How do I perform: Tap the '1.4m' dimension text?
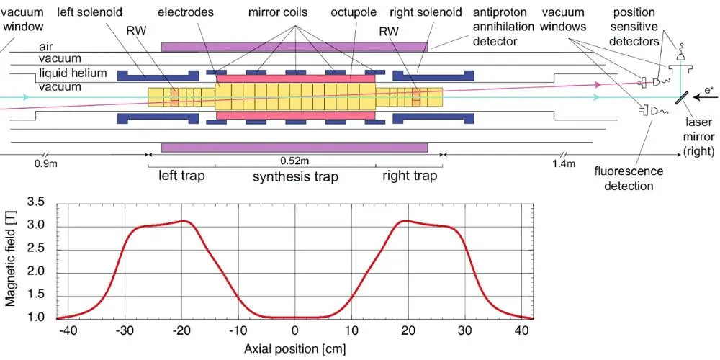(564, 164)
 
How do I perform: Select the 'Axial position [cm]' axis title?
(294, 348)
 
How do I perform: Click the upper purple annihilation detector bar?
(294, 46)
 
